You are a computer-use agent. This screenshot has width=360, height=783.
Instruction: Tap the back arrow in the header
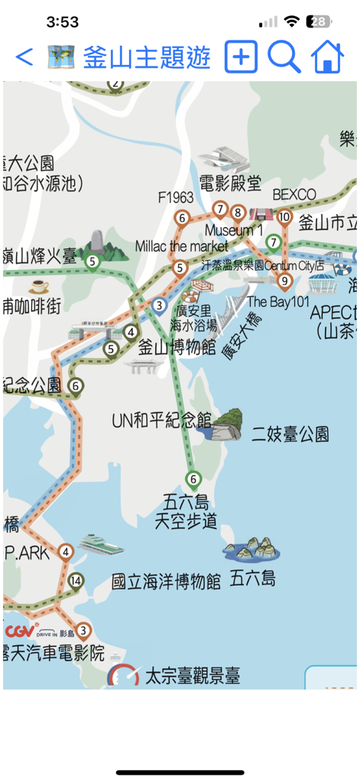24,57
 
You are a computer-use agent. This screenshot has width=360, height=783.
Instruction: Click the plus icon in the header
241,57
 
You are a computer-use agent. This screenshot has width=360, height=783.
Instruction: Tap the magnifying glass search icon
284,57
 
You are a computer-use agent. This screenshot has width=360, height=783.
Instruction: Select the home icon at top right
327,57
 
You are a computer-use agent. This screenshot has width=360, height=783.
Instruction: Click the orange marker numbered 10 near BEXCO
284,217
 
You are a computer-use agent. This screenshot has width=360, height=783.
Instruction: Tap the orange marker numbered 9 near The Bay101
284,281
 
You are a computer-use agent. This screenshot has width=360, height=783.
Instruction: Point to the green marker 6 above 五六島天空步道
193,480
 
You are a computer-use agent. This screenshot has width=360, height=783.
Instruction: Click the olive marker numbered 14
75,580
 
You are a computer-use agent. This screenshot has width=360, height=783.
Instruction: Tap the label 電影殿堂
230,183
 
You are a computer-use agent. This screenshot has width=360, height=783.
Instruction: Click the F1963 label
176,197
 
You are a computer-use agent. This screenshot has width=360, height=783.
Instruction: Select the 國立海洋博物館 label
166,581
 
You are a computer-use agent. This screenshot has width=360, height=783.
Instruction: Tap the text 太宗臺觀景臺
193,676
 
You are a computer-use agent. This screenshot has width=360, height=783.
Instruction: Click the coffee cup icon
38,287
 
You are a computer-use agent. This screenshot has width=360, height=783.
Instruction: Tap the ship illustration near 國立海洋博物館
99,544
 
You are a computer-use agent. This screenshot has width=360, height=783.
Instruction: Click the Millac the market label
181,246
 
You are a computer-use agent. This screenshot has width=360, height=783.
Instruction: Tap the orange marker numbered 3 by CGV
83,632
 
